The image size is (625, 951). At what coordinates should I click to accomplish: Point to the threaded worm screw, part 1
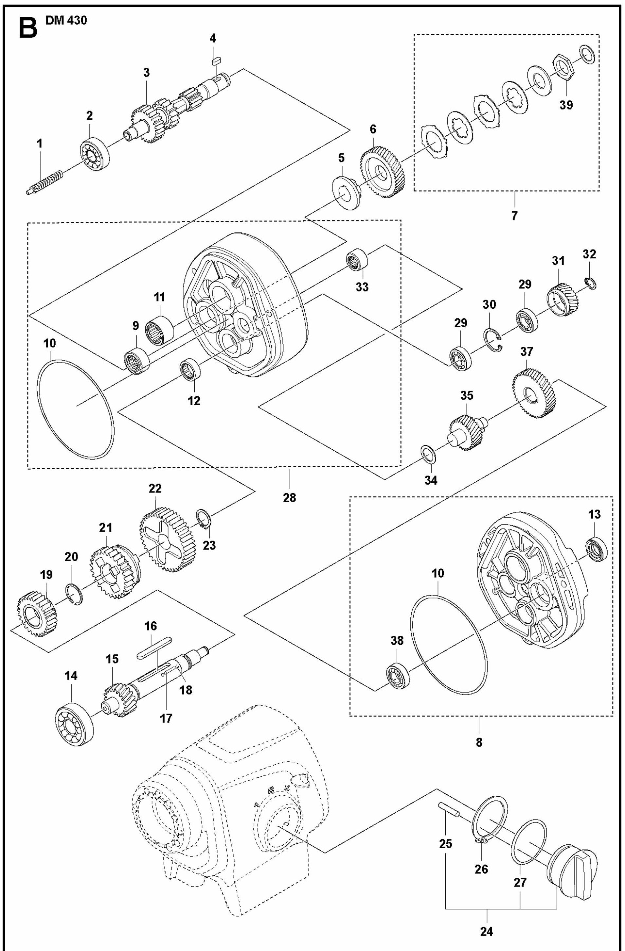[44, 182]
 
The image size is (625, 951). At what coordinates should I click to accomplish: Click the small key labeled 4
[216, 60]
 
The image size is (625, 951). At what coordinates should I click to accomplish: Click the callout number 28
[290, 497]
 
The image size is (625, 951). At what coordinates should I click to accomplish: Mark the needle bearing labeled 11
[160, 330]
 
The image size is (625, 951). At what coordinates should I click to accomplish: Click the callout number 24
[486, 931]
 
